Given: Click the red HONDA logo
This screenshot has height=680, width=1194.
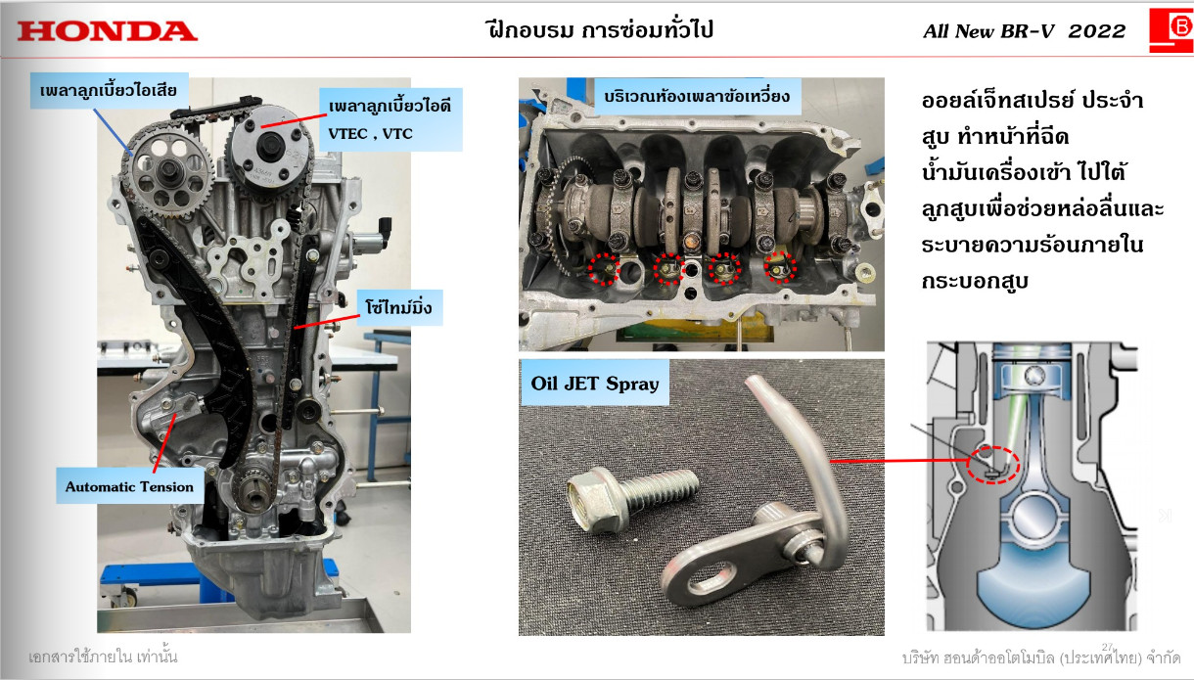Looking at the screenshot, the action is click(107, 31).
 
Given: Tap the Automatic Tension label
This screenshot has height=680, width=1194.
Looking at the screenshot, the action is click(129, 486).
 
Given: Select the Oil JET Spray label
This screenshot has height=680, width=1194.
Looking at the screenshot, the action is click(594, 384).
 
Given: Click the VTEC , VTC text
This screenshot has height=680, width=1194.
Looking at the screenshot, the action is click(371, 134).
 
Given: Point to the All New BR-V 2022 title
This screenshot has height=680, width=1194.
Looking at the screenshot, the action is click(1024, 31).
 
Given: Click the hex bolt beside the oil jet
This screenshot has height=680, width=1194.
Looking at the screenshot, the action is click(631, 498).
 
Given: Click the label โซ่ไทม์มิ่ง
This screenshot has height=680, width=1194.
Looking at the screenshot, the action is click(399, 307).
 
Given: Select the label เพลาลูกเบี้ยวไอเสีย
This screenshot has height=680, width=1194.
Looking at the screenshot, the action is click(109, 91).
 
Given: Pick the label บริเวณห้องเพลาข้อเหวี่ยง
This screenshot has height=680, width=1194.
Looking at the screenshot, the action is click(697, 97).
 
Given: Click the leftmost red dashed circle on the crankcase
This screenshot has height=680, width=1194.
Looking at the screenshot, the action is click(604, 269).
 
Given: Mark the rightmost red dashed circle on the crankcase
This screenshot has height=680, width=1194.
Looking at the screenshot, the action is click(780, 267).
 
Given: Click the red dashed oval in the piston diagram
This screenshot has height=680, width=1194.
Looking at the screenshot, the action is click(993, 465).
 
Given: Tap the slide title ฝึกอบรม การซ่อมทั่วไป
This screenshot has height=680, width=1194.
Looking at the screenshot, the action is click(600, 30).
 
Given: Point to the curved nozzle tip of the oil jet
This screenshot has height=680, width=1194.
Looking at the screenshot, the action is click(757, 383).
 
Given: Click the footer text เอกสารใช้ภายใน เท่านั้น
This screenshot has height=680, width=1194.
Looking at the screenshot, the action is click(103, 657).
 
